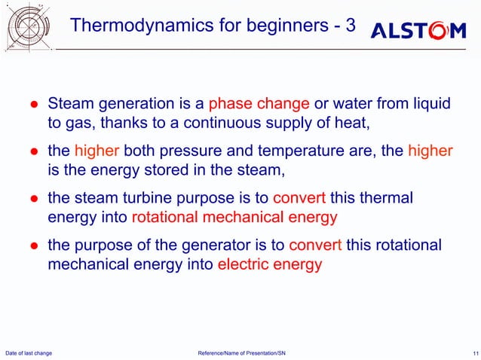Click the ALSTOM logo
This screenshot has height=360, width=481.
pyautogui.click(x=418, y=31)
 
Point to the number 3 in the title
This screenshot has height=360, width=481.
pyautogui.click(x=349, y=26)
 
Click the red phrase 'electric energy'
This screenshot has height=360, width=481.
pyautogui.click(x=269, y=265)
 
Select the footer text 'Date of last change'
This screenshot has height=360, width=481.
pyautogui.click(x=29, y=352)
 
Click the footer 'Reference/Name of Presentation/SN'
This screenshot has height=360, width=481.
pyautogui.click(x=241, y=352)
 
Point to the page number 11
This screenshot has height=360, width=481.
pyautogui.click(x=471, y=352)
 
